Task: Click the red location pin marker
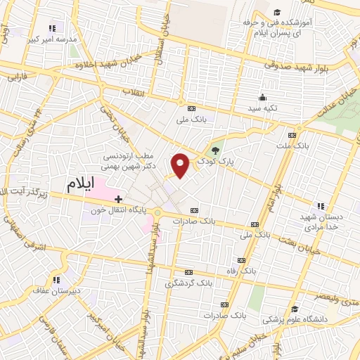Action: pyautogui.click(x=181, y=165)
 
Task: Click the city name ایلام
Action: pyautogui.click(x=80, y=185)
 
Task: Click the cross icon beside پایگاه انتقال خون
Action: pyautogui.click(x=118, y=200)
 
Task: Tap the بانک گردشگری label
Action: pyautogui.click(x=187, y=284)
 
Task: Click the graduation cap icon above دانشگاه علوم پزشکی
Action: pyautogui.click(x=295, y=309)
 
